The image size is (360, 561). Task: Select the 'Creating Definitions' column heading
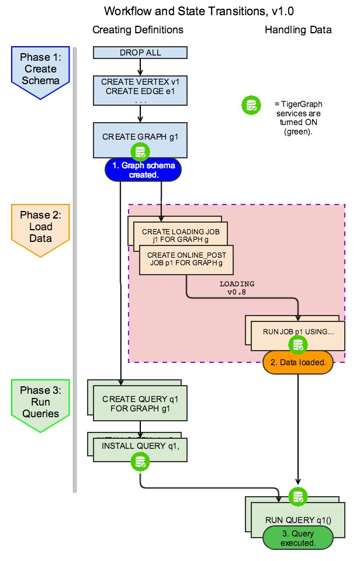tap(138, 30)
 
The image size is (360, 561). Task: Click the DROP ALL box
tap(140, 53)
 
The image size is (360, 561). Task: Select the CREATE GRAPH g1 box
tap(140, 137)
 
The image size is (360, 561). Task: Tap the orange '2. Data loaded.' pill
tap(297, 362)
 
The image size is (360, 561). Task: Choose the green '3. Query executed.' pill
tap(291, 538)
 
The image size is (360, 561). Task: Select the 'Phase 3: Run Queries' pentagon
tap(40, 403)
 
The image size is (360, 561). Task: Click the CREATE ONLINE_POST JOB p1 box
tap(186, 260)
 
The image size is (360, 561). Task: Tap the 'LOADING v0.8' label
tap(237, 288)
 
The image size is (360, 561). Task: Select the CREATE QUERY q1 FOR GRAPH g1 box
tap(140, 403)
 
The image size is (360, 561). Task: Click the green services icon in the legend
tap(251, 106)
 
